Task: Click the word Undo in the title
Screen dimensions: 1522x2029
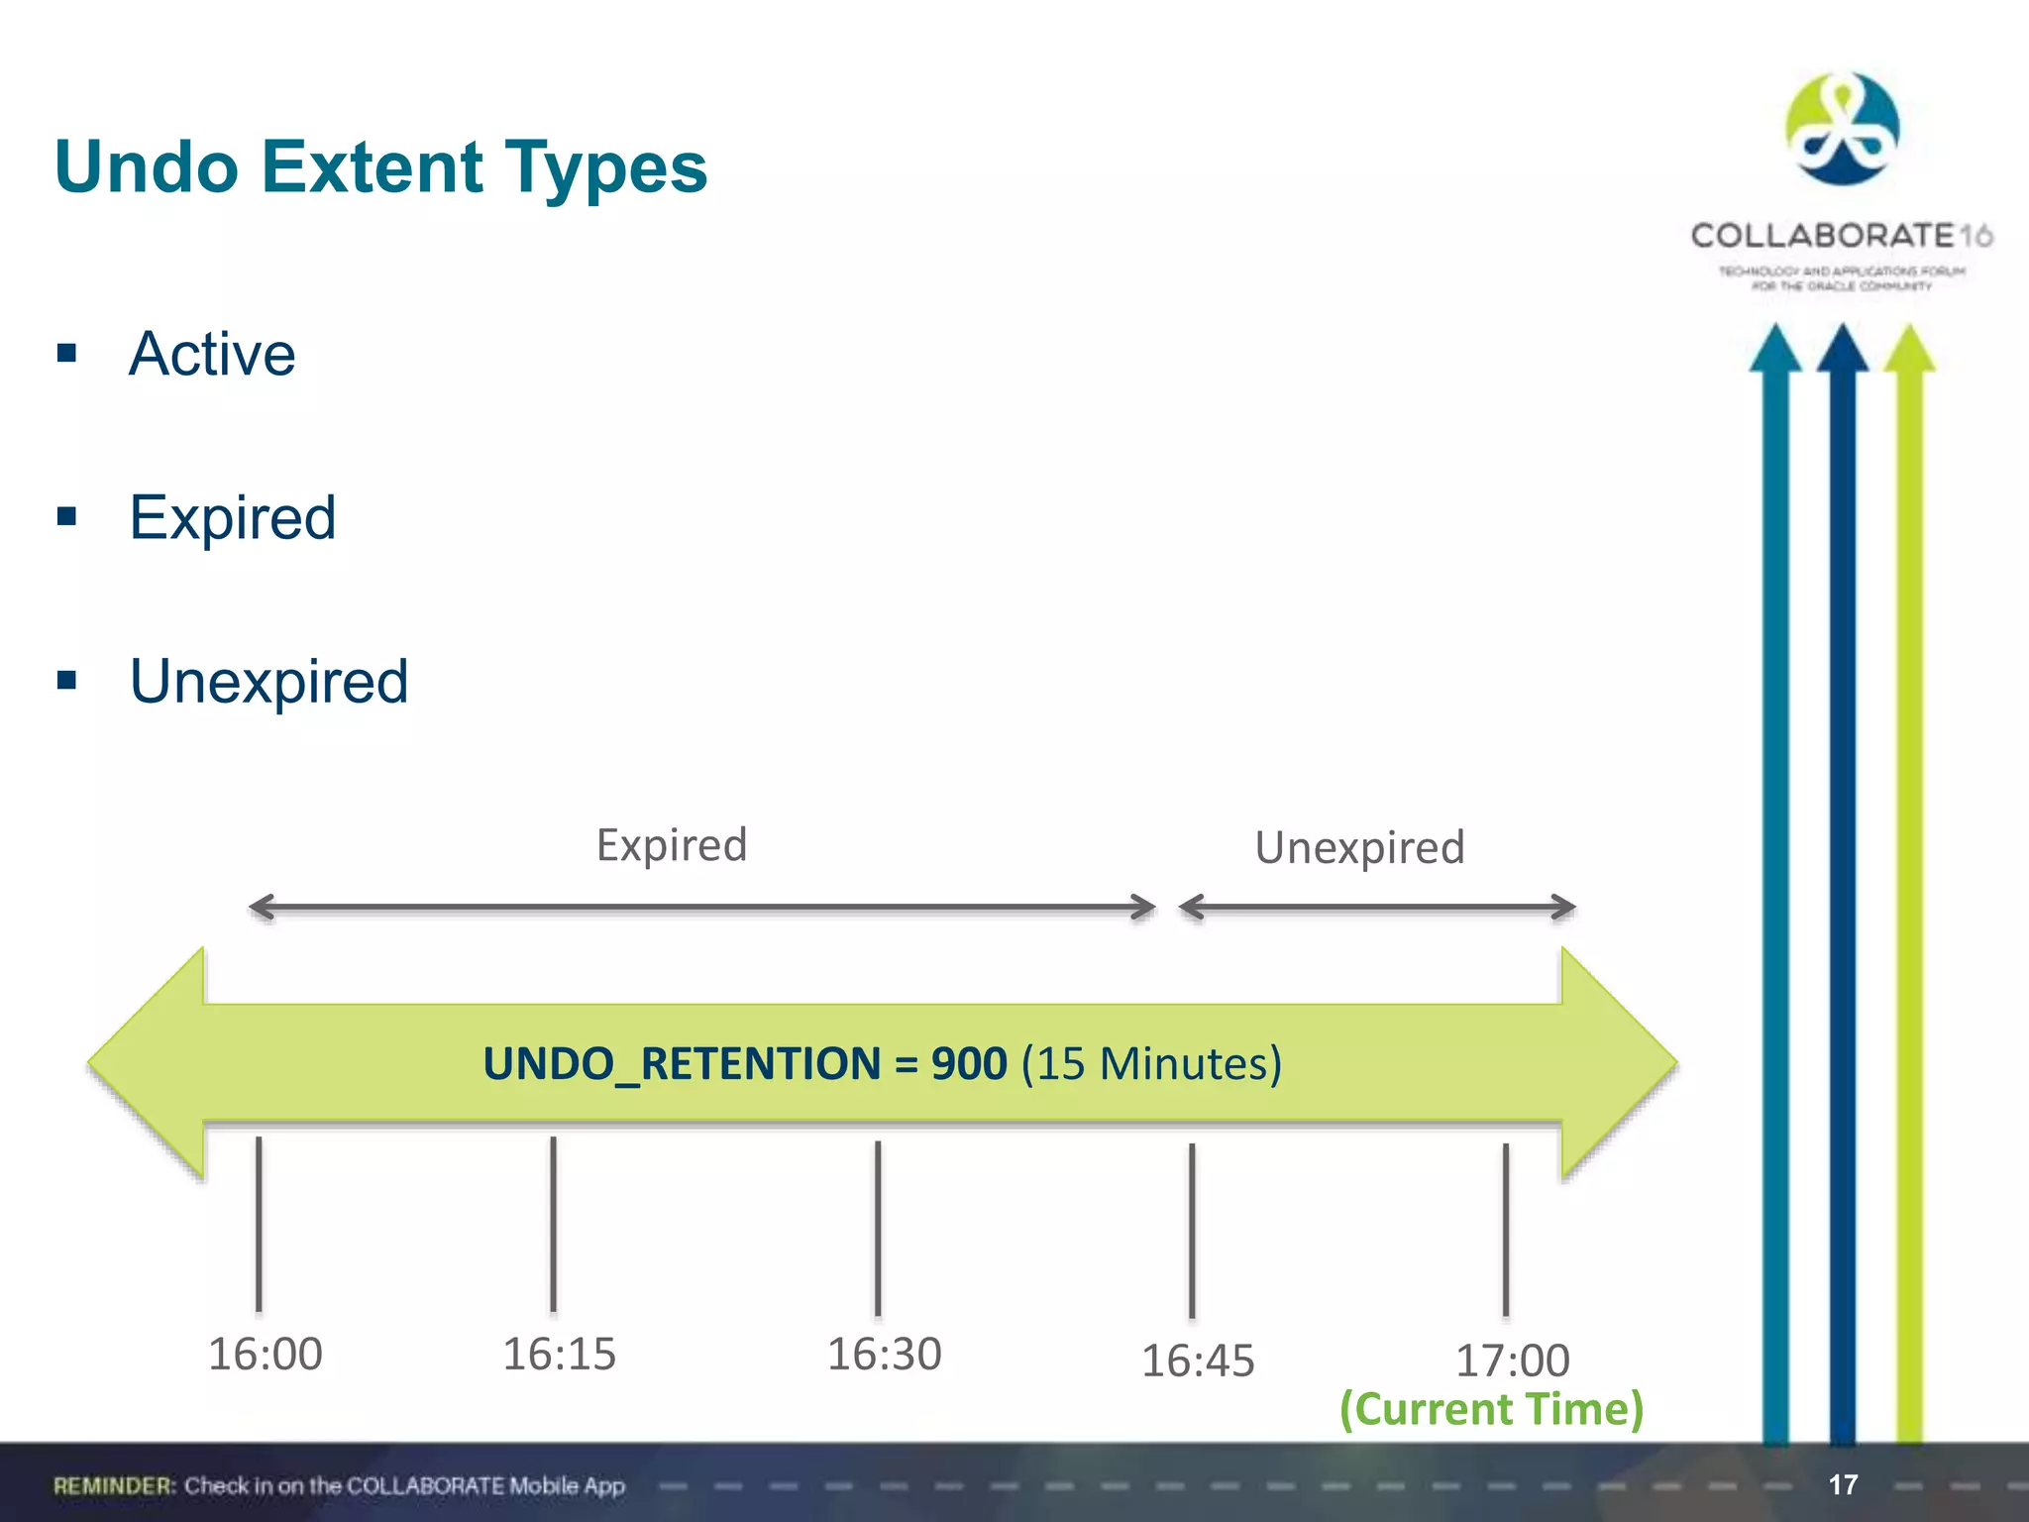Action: pyautogui.click(x=147, y=166)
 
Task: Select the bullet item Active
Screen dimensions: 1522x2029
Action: pyautogui.click(x=212, y=354)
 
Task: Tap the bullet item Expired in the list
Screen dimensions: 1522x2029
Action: pyautogui.click(x=233, y=517)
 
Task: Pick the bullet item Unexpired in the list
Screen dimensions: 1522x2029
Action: pyautogui.click(x=268, y=682)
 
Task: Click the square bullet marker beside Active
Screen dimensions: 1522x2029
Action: pyautogui.click(x=67, y=354)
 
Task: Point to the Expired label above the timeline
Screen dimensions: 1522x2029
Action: pyautogui.click(x=672, y=845)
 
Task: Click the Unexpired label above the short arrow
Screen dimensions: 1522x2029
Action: pyautogui.click(x=1359, y=848)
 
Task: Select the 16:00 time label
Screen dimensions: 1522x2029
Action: pyautogui.click(x=265, y=1354)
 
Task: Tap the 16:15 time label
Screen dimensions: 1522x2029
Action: pyautogui.click(x=559, y=1354)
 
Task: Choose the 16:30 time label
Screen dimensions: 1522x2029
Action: pyautogui.click(x=884, y=1354)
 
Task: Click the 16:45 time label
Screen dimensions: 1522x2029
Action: pyautogui.click(x=1198, y=1360)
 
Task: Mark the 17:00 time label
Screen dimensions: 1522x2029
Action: pyautogui.click(x=1512, y=1360)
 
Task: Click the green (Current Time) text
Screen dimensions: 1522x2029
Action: pyautogui.click(x=1491, y=1409)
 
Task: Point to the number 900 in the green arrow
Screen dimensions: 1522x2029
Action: pyautogui.click(x=969, y=1063)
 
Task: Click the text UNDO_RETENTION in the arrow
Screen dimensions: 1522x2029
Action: pyautogui.click(x=682, y=1063)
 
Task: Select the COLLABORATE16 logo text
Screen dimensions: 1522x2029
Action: pyautogui.click(x=1841, y=236)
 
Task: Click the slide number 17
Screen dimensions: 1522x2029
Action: pyautogui.click(x=1843, y=1484)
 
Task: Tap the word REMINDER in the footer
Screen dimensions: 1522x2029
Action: pyautogui.click(x=114, y=1485)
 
